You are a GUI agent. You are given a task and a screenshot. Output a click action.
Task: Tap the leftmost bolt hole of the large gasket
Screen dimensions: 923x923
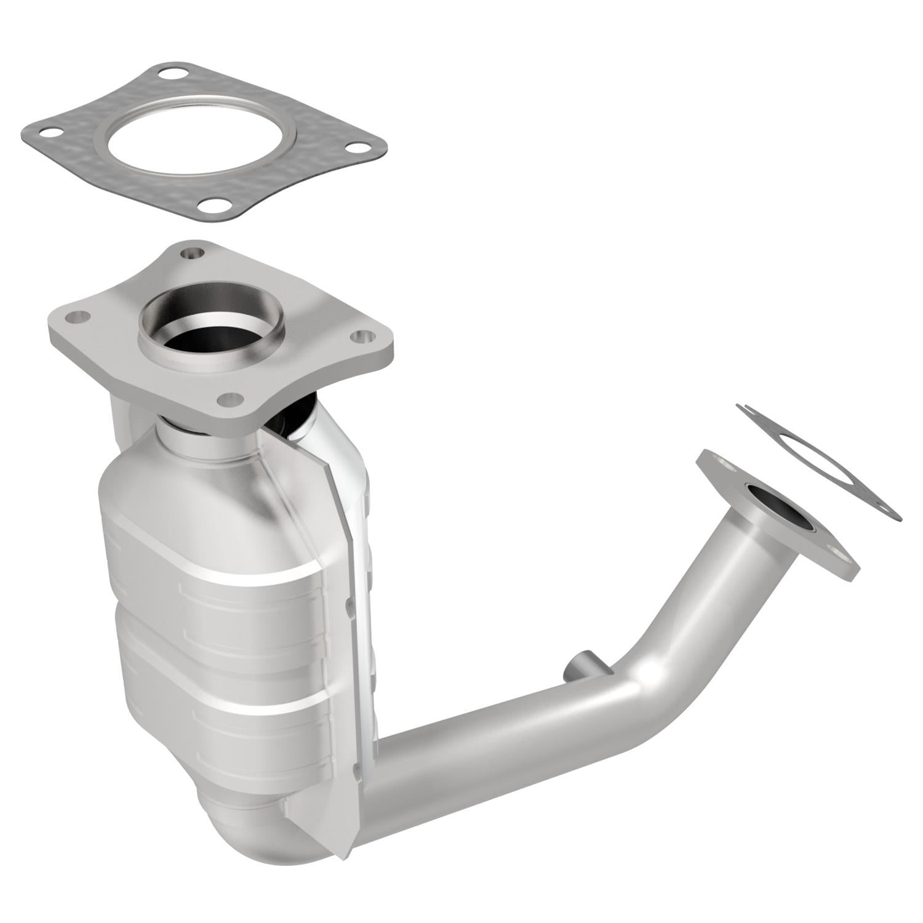(47, 132)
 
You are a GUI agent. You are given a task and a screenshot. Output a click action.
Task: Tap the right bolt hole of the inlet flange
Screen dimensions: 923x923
(364, 337)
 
